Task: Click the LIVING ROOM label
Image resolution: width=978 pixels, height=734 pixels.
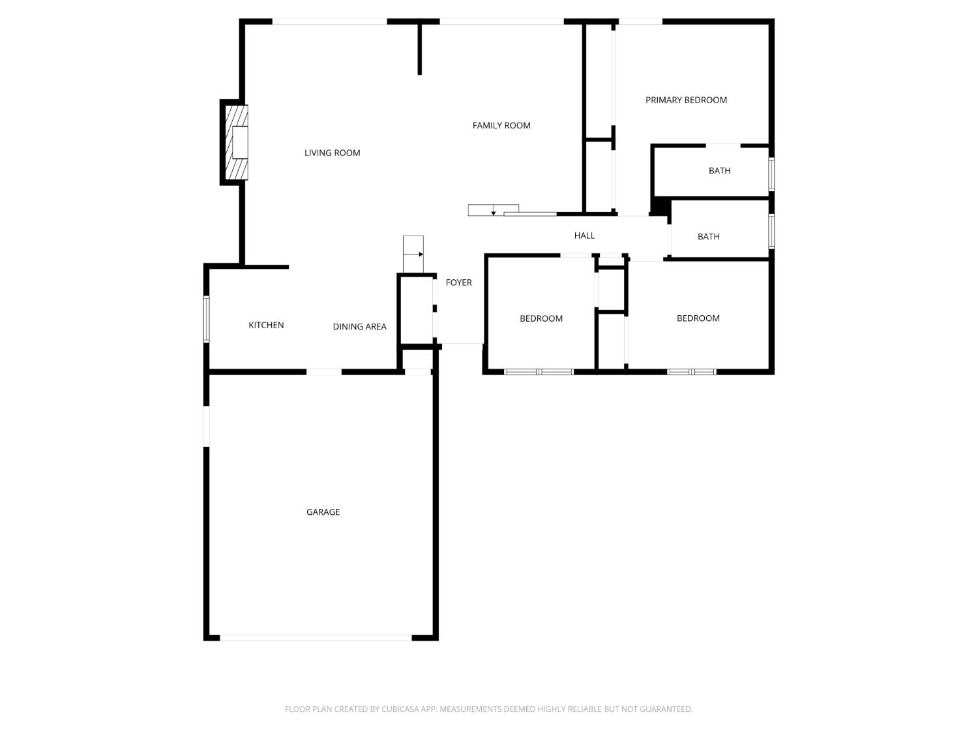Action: pyautogui.click(x=332, y=153)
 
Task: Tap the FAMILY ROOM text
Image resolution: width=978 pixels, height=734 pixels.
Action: pyautogui.click(x=501, y=125)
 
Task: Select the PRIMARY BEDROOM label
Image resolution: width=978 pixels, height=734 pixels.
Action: pyautogui.click(x=686, y=100)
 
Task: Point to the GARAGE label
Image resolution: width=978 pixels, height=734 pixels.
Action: pyautogui.click(x=323, y=512)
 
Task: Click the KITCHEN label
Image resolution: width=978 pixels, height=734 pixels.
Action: pyautogui.click(x=266, y=325)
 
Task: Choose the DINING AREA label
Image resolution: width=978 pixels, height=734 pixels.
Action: pyautogui.click(x=359, y=326)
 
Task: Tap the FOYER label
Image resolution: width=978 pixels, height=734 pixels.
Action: pyautogui.click(x=458, y=283)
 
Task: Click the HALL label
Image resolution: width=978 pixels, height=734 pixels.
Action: pyautogui.click(x=584, y=236)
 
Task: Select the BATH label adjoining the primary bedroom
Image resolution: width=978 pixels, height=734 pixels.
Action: pyautogui.click(x=719, y=170)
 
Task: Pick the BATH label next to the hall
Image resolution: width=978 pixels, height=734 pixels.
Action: pyautogui.click(x=708, y=237)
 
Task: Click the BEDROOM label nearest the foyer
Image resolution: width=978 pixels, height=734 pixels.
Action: pyautogui.click(x=541, y=318)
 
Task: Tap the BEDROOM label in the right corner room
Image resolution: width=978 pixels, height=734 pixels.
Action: pyautogui.click(x=698, y=318)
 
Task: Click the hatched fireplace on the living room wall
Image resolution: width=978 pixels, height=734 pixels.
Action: pyautogui.click(x=236, y=142)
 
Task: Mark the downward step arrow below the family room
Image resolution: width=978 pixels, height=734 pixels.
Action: pyautogui.click(x=494, y=210)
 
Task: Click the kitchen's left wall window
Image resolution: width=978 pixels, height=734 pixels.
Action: pyautogui.click(x=206, y=319)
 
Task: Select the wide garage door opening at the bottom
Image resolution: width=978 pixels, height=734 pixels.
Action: pyautogui.click(x=316, y=637)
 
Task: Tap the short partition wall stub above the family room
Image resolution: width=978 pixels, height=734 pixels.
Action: pyautogui.click(x=419, y=50)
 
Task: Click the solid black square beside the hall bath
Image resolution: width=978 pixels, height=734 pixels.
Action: pyautogui.click(x=661, y=207)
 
